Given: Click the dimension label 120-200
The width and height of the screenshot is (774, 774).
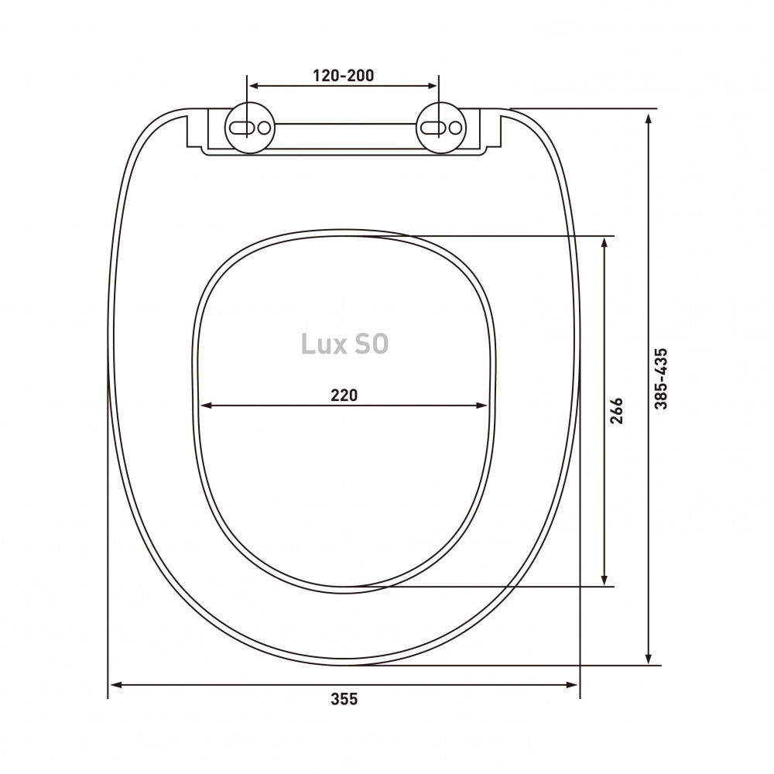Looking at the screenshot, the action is point(343,76).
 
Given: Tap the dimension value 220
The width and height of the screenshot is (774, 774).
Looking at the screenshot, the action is point(344,396).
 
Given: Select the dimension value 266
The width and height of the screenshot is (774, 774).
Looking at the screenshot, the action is point(617,411).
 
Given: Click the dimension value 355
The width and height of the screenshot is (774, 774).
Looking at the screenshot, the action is point(344,699).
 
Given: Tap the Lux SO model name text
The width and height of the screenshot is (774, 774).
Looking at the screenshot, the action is point(344,344).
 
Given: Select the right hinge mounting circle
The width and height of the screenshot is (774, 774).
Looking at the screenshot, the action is point(440,128).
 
